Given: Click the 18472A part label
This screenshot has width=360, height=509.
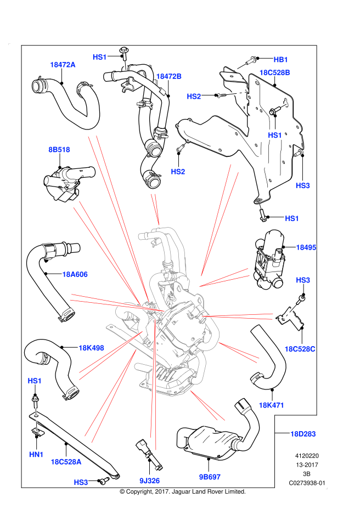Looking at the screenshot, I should (63, 65).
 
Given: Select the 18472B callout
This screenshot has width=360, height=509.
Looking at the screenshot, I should (168, 76).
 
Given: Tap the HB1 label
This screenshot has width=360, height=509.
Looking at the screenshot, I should (280, 60).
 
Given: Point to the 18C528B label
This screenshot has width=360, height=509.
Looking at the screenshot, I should (274, 72).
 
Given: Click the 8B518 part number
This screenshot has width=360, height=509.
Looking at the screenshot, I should (59, 150).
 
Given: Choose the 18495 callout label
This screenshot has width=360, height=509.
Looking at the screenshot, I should (306, 247).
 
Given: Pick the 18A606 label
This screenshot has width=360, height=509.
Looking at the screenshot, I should (75, 274).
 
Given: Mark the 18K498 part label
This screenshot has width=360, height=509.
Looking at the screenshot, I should (91, 348).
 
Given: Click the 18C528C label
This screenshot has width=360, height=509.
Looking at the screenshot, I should (300, 349).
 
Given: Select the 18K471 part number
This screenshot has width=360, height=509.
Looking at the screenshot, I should (271, 405).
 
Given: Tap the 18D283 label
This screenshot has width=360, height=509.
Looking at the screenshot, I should (303, 434).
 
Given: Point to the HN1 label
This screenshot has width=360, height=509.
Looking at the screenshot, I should (36, 455).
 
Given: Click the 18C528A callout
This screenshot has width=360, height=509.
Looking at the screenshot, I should (66, 462).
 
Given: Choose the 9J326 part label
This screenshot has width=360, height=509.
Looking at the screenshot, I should (149, 481).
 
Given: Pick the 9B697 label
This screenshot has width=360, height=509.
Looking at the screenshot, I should (209, 477).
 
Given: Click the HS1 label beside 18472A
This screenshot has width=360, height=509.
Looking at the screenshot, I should (99, 57).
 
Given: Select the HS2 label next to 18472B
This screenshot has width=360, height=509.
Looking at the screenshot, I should (194, 97).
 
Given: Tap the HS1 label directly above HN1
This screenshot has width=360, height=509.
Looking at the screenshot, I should (35, 381).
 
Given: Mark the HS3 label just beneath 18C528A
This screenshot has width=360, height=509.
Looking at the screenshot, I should (81, 483).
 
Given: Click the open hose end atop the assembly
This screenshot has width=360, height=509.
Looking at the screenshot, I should (142, 236).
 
